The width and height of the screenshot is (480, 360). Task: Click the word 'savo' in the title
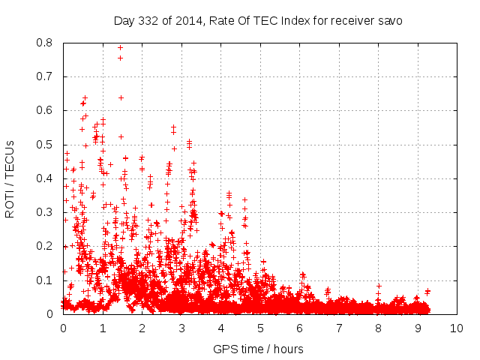(x=390, y=21)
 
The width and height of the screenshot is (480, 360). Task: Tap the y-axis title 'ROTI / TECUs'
(x=10, y=178)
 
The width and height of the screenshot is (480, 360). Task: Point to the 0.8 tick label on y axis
(x=46, y=43)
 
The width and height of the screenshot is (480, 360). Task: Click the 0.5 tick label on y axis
(x=46, y=145)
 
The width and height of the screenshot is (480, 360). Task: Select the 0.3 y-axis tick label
(x=46, y=212)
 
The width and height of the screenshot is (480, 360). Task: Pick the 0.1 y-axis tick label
(x=46, y=280)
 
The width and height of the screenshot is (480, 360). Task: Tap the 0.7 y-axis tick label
(x=46, y=76)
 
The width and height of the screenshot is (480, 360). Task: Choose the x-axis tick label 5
(x=260, y=328)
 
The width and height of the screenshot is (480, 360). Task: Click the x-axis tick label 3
(x=181, y=328)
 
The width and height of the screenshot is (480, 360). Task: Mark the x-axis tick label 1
(x=103, y=328)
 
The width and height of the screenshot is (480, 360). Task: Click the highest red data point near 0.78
(x=120, y=48)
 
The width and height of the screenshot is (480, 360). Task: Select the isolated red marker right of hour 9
(x=427, y=291)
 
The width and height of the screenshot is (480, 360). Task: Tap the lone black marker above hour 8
(x=379, y=286)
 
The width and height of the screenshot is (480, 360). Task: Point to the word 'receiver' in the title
(x=352, y=21)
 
